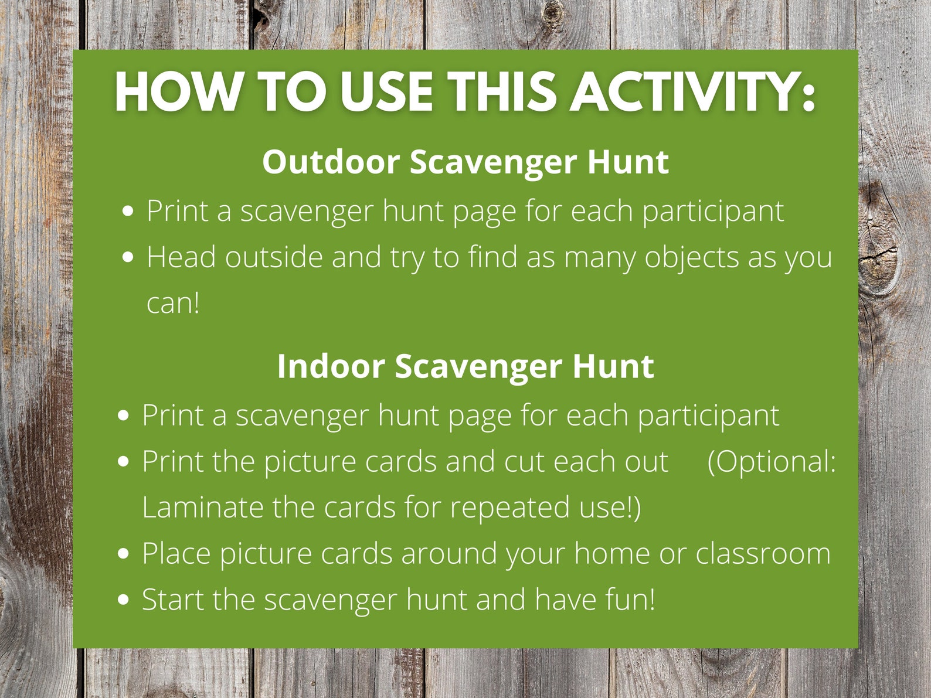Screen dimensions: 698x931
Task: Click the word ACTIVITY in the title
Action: click(693, 93)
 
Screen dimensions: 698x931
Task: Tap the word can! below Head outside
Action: click(173, 304)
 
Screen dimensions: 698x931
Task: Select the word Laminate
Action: click(202, 508)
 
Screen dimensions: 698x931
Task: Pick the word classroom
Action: click(763, 554)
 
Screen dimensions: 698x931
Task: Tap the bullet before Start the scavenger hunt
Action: click(123, 600)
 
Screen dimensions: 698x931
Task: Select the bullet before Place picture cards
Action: click(123, 554)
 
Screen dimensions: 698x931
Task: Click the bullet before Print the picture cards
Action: click(123, 462)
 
